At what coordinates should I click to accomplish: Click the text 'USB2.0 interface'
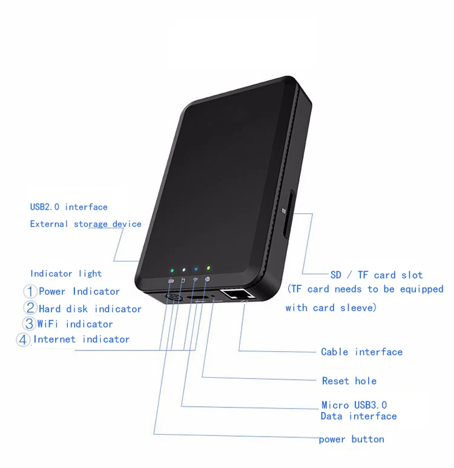[68, 207]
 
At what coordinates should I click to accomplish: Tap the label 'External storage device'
[85, 224]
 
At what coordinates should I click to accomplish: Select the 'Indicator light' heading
[66, 274]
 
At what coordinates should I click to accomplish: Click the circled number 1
[30, 292]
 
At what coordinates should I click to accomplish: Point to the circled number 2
[30, 308]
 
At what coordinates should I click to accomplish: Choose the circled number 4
[24, 340]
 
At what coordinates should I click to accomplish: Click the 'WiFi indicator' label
[76, 324]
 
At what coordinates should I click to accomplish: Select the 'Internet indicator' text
[81, 339]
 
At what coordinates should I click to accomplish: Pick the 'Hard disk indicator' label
[90, 309]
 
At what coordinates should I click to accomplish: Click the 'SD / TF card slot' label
[377, 275]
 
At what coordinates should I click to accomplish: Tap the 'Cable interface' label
[361, 352]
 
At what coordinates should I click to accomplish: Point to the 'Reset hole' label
[349, 381]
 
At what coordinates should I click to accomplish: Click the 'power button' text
[351, 439]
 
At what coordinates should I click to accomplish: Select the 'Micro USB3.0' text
[354, 404]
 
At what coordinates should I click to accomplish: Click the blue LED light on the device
[195, 268]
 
